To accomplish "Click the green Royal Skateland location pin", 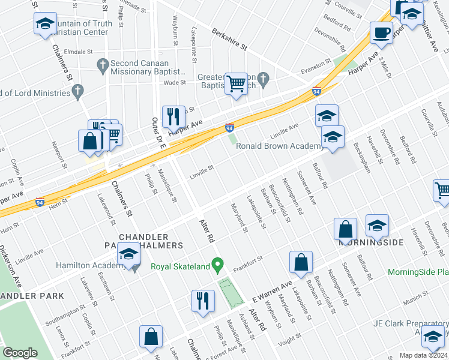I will pos(219,263).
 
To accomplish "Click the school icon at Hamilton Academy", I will pos(129,255).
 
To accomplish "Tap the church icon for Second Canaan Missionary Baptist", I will pos(103,64).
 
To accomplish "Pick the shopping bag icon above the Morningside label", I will pos(346,229).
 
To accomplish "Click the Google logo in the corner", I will pos(20,353).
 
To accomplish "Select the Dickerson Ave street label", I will pos(10,265).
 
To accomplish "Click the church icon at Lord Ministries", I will pos(77,92).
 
